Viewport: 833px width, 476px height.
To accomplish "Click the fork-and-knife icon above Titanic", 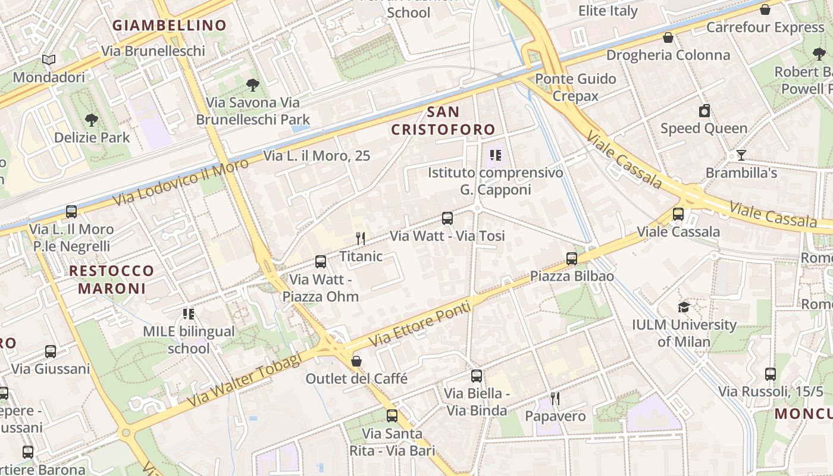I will (360, 239).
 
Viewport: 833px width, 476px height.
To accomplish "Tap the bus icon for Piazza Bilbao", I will (572, 259).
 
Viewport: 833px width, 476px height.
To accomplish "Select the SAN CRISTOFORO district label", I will (443, 121).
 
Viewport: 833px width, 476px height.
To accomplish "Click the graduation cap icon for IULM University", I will (684, 307).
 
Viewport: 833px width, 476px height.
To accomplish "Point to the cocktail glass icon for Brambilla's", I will (741, 155).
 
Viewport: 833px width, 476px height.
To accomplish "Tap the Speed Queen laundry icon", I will (704, 111).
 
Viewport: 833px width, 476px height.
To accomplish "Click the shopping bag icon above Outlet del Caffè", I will (356, 361).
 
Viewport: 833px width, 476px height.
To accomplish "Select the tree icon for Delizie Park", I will (92, 120).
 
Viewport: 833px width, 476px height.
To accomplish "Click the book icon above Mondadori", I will (49, 59).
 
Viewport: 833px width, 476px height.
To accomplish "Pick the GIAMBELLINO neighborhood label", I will (170, 26).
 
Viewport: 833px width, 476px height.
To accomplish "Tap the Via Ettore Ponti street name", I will (420, 325).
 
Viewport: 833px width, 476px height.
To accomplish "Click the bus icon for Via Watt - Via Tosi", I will (447, 218).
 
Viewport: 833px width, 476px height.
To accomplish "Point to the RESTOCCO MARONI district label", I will (112, 280).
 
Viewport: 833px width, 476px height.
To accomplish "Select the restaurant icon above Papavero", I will (555, 399).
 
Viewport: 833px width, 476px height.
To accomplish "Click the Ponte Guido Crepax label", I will (575, 87).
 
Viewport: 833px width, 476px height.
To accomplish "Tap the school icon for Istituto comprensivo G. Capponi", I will (495, 156).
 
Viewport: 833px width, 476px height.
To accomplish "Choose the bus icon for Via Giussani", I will (51, 352).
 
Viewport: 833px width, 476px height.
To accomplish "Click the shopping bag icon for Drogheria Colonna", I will (668, 37).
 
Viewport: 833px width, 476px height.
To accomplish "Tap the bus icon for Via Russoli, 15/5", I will (771, 374).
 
